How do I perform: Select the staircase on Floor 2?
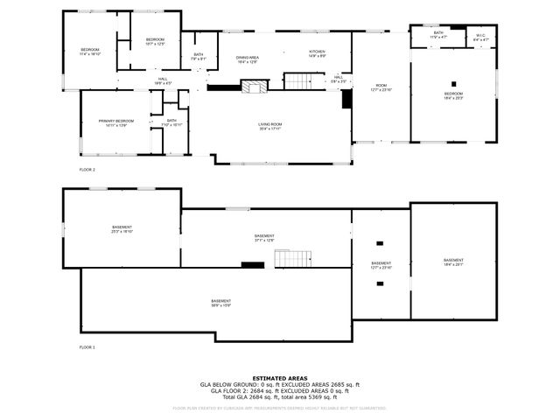pos(298,81)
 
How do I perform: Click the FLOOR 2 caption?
pos(87,169)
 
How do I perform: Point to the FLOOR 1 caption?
pos(87,347)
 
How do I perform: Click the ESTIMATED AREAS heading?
pos(279,378)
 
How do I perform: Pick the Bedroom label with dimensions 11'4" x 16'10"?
pos(90,52)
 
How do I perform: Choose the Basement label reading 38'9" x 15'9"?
pos(220,303)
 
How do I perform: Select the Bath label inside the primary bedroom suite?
pos(171,122)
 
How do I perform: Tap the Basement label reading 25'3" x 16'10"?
pos(121,229)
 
